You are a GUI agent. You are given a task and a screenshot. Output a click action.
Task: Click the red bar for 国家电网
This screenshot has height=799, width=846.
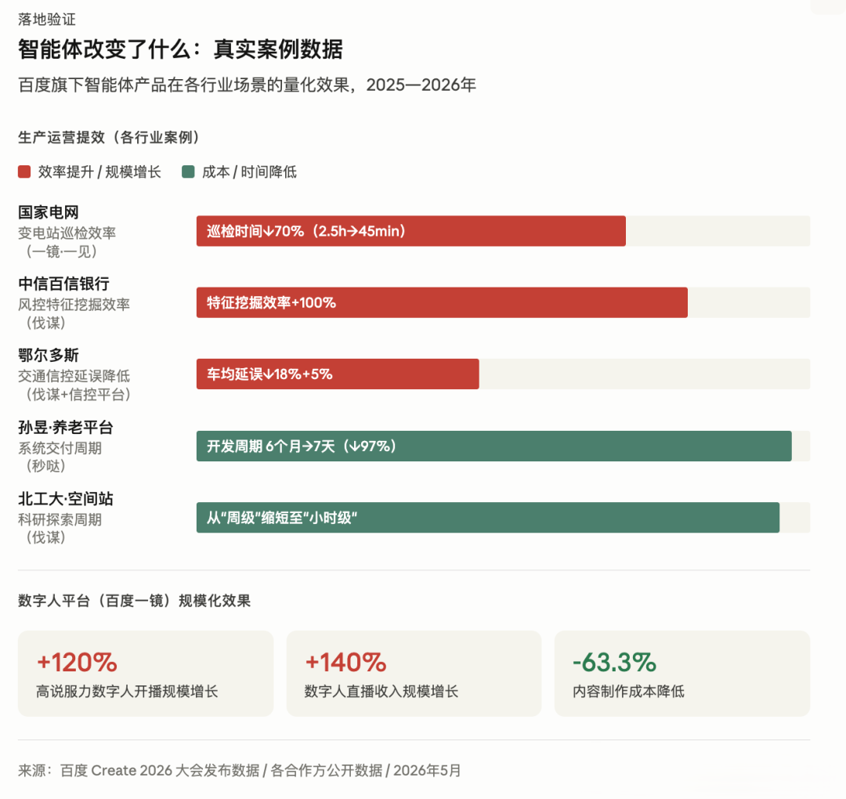tap(410, 231)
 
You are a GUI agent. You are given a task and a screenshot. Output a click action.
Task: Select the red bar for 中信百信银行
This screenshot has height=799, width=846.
tap(442, 302)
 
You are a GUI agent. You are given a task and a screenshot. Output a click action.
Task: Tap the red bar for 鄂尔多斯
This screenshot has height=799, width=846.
tap(338, 374)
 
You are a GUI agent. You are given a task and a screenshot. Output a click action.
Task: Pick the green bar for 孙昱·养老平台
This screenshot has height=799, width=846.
tap(493, 446)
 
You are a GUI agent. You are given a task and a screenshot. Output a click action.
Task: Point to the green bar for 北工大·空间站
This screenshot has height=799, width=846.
tap(488, 517)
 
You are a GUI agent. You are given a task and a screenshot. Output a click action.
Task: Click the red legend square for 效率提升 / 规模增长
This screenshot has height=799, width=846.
tap(24, 172)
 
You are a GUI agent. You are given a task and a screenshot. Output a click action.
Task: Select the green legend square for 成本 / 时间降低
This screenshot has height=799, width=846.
tap(188, 172)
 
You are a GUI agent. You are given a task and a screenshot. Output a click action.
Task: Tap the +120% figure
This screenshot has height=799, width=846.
tap(77, 663)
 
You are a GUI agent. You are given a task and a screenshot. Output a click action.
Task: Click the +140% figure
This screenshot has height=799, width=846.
tap(345, 663)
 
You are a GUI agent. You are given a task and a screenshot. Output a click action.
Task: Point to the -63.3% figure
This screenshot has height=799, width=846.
tap(614, 663)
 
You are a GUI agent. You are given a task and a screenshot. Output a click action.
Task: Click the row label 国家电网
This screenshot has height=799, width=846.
tap(49, 212)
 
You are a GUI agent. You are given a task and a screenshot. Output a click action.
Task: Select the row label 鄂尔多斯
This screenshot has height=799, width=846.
tap(49, 355)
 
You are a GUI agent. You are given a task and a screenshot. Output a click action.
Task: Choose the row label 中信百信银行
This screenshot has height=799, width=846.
tap(63, 284)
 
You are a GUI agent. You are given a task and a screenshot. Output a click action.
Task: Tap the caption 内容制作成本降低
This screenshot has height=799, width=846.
tap(628, 691)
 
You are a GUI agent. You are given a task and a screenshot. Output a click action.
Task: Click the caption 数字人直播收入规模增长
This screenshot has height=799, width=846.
tap(381, 691)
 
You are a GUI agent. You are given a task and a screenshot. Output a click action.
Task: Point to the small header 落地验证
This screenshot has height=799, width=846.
tap(47, 20)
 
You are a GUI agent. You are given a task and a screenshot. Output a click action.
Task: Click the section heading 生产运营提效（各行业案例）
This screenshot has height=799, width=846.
tap(109, 137)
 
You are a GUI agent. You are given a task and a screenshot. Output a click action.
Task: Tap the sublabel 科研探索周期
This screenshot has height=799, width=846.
tap(60, 519)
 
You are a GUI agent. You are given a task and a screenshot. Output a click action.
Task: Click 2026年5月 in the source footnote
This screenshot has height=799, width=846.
tap(427, 770)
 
